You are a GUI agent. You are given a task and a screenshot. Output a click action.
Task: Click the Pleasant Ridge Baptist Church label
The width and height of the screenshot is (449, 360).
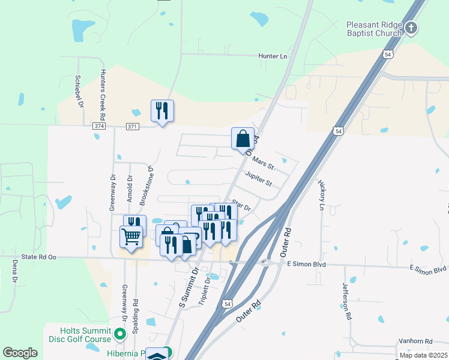(373, 29)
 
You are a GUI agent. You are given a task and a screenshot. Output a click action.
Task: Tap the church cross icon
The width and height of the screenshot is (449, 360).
(411, 27)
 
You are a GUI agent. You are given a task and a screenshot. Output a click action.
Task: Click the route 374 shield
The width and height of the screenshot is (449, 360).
(99, 127)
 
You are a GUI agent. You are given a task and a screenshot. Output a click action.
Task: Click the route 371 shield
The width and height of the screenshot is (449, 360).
(133, 127)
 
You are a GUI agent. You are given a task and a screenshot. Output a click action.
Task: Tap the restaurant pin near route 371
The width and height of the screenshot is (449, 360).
(162, 110)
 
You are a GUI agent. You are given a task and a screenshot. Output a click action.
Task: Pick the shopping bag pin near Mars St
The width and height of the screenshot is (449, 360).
(243, 139)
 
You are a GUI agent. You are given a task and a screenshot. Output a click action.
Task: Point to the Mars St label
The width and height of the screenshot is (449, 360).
(263, 162)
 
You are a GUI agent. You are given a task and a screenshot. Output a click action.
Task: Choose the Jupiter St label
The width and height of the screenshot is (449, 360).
(258, 179)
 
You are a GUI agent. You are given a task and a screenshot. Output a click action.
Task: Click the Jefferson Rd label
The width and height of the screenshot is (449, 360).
(347, 301)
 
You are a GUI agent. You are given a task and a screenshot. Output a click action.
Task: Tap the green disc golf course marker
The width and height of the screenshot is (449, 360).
(120, 334)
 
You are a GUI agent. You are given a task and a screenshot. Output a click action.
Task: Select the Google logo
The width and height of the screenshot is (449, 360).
(20, 353)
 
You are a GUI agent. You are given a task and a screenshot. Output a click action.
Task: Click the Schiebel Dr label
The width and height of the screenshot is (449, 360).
(79, 92)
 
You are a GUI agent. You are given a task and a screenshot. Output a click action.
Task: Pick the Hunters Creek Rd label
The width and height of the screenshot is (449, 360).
(103, 95)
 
